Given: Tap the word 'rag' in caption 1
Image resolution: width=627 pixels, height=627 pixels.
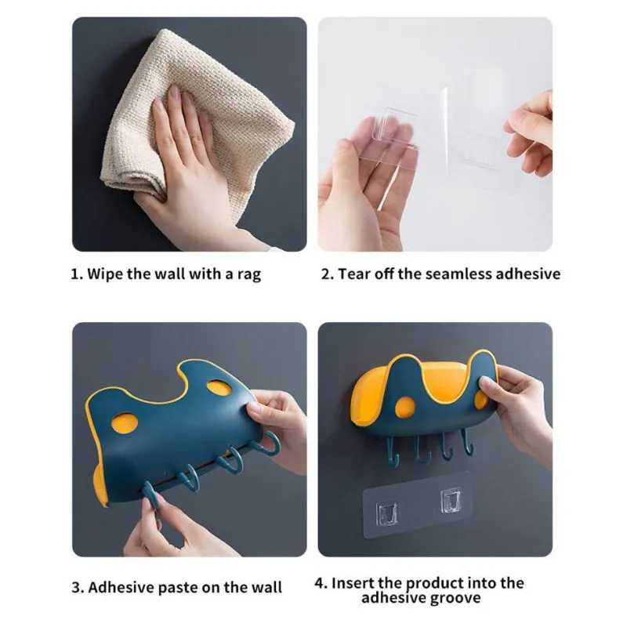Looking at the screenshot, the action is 249,276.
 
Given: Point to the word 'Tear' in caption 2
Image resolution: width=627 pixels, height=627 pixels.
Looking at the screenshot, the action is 354,274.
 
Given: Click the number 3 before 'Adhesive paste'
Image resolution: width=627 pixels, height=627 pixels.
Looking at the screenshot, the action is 76,588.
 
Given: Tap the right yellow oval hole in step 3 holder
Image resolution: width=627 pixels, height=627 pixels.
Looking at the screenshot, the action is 219,387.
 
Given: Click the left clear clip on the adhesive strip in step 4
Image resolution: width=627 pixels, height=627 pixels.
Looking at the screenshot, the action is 387,513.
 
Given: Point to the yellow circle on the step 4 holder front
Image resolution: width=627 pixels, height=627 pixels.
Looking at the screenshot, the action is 405,408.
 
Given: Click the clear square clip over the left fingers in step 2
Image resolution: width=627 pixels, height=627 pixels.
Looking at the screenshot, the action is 394,126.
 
